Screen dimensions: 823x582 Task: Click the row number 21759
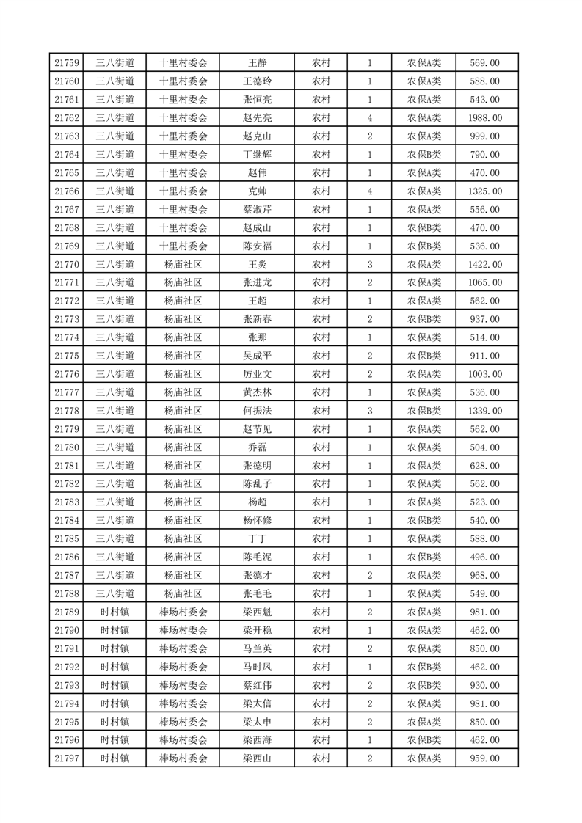click(x=66, y=63)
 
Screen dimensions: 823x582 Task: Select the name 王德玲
click(x=257, y=81)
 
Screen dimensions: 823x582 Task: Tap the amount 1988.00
click(x=485, y=118)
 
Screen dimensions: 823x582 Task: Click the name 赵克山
click(x=257, y=136)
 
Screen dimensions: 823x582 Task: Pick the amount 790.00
click(x=485, y=155)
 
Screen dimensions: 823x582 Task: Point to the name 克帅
click(x=257, y=191)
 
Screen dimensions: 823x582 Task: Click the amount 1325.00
click(x=485, y=191)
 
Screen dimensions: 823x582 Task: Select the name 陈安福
click(x=257, y=246)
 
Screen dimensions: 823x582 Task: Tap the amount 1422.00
click(x=485, y=264)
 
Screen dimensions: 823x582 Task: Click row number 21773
click(x=66, y=319)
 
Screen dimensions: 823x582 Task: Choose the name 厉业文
click(x=257, y=374)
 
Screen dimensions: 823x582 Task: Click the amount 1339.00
click(x=485, y=411)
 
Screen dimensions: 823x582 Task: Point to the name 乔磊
click(x=257, y=447)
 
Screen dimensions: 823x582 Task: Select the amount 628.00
click(x=485, y=466)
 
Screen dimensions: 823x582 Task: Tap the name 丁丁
click(x=257, y=538)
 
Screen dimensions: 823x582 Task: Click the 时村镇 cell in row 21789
click(x=115, y=612)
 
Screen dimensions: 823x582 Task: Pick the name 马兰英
click(x=257, y=648)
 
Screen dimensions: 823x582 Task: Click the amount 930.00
click(x=485, y=685)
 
